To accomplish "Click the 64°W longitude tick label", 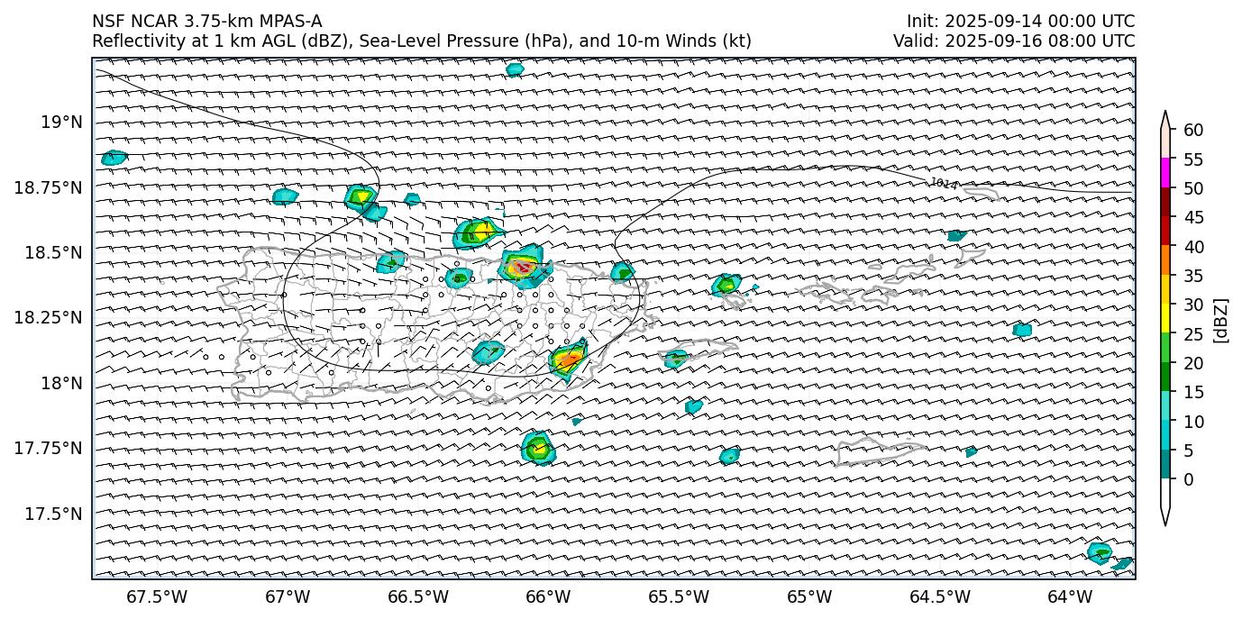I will pos(1070,596).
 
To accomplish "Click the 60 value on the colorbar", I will pos(1193,131).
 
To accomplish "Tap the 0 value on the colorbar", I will pos(1189,479).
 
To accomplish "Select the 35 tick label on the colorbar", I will pos(1193,276).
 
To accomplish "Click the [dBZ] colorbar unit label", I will pos(1221,320).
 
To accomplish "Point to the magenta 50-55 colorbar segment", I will pos(1165,173).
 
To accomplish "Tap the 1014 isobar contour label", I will pos(943,184).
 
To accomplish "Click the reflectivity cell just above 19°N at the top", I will pos(515,69).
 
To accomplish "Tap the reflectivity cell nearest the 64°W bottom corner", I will pos(1100,552).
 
